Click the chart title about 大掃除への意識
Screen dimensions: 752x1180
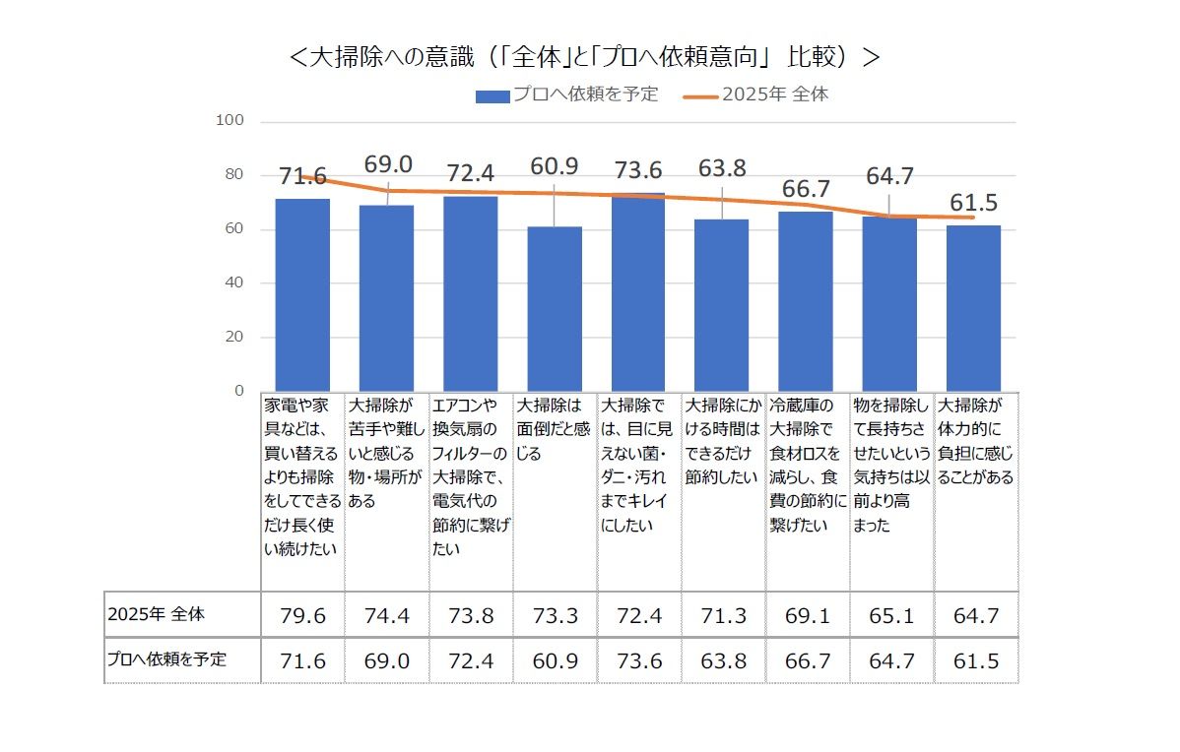585,56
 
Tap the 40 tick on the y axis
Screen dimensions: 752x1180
231,282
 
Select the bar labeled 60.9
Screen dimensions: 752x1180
555,308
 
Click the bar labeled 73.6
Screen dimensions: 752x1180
638,291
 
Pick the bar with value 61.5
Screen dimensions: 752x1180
974,307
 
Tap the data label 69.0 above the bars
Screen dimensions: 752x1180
388,164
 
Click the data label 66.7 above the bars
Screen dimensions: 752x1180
807,189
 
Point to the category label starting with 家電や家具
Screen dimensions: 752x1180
301,476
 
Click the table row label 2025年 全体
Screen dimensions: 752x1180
157,615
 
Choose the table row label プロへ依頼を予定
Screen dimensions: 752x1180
166,659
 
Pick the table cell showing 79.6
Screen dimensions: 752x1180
302,616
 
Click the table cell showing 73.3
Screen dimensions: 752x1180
555,616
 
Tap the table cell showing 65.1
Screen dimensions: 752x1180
890,616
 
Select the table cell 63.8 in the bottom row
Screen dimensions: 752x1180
722,660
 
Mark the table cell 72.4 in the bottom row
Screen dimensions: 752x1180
471,660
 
